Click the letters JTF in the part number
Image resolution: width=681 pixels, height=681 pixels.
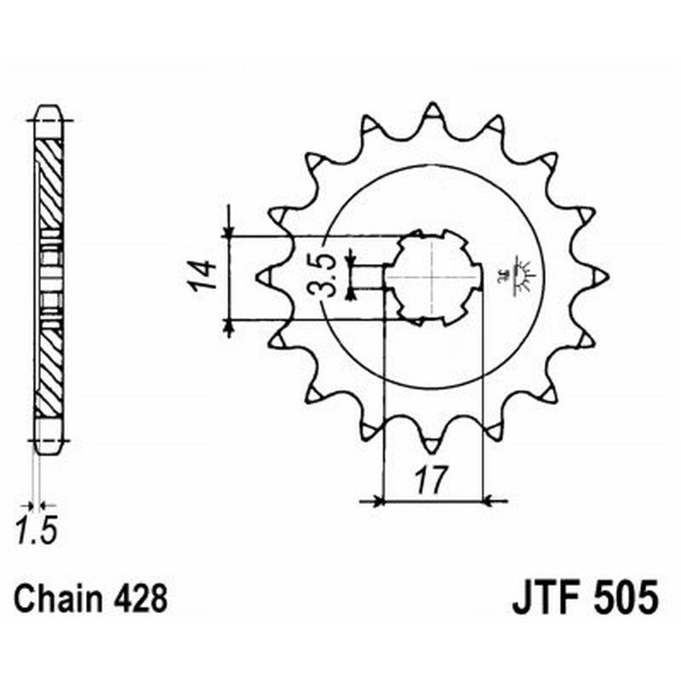pos(545,598)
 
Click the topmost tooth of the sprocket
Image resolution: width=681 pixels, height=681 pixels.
pos(432,112)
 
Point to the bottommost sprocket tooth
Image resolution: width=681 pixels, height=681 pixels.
pos(432,441)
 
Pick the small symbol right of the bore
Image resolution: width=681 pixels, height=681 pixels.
pos(518,275)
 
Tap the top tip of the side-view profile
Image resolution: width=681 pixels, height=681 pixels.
pos(49,109)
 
